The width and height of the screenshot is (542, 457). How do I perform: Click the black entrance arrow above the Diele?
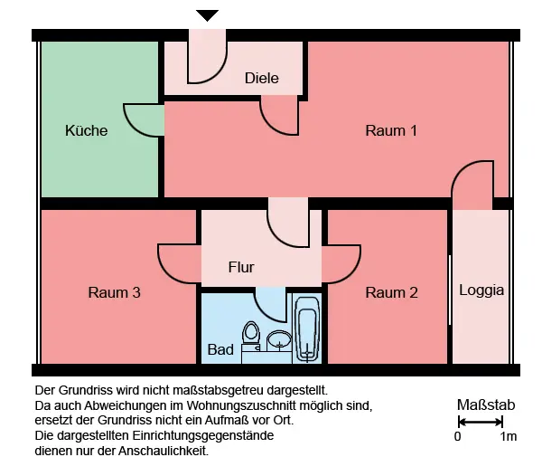207,15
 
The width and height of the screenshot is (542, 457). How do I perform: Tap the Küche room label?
87,130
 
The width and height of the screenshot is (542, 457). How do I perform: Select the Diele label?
262,78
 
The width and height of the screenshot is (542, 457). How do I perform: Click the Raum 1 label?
391,130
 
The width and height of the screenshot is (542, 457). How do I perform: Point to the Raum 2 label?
392,292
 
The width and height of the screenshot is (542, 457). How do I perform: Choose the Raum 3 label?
114,292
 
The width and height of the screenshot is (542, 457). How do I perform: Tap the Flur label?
241,267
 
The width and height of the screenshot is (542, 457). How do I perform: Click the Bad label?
220,349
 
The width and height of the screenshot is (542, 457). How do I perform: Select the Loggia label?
481,290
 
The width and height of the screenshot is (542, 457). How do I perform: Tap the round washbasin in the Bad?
279,340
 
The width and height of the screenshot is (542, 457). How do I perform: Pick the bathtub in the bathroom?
306,329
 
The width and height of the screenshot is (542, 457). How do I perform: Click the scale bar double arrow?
481,422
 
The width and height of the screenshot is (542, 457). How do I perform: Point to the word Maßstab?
486,405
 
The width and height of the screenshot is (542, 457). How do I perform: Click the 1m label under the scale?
508,436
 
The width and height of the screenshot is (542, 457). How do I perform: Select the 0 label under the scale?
457,436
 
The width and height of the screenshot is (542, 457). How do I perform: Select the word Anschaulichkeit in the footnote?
164,451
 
